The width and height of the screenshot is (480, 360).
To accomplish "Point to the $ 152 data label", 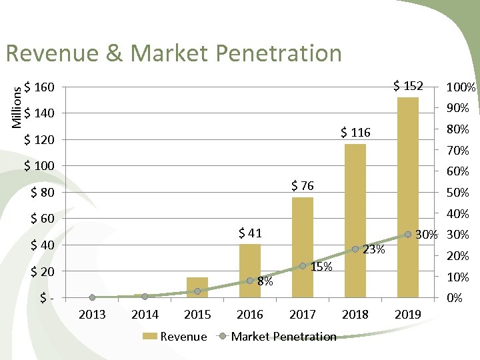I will (407, 86).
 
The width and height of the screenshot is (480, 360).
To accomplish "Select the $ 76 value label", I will (303, 185).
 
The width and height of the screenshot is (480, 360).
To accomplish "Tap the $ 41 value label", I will (250, 233).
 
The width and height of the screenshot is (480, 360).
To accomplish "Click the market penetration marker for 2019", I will (408, 235).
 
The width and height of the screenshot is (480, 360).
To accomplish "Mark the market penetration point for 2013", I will (92, 297).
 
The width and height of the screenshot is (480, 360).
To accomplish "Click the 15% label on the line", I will (321, 267).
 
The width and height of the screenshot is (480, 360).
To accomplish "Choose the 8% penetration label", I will (265, 281).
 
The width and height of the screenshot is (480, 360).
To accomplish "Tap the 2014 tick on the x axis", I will (145, 314).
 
